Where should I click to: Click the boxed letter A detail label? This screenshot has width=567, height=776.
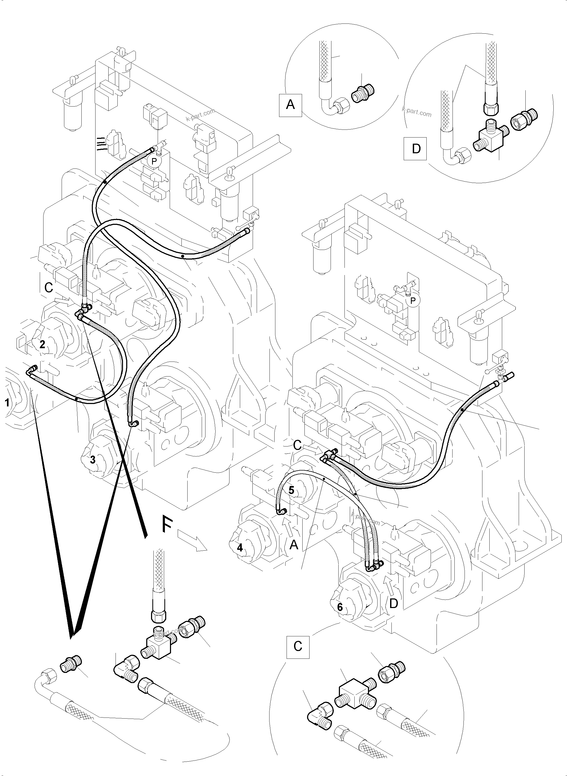(x=290, y=105)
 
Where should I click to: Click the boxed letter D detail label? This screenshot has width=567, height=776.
(x=416, y=149)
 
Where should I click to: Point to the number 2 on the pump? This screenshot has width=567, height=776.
(x=42, y=344)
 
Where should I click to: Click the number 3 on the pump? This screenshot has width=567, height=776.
(x=93, y=460)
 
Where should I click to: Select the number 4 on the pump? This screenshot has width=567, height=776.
(x=240, y=548)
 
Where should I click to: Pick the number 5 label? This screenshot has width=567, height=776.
(x=291, y=491)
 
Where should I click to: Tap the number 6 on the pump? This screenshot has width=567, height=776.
(x=340, y=607)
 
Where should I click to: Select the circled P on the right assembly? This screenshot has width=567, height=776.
(x=413, y=301)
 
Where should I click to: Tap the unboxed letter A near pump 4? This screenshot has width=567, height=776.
(x=294, y=544)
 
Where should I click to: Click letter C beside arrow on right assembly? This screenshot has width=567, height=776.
(x=297, y=445)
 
